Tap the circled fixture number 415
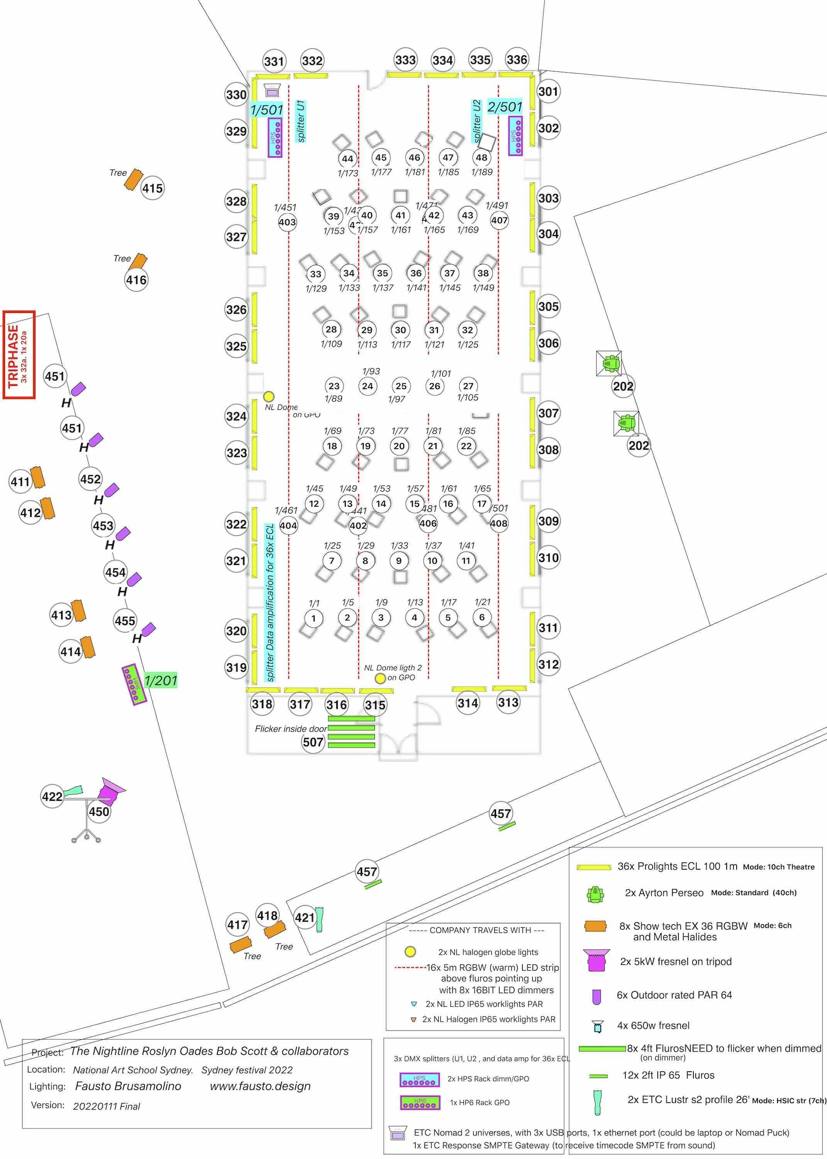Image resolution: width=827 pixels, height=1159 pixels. pos(152,189)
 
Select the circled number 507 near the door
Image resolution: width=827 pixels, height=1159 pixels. pos(313,742)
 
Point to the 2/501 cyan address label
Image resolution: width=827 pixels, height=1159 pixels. pos(504,107)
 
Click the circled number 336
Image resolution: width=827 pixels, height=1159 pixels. pos(516,59)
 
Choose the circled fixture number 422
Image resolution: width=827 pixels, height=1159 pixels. pos(52,796)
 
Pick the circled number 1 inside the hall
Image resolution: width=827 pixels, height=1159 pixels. pos(313,618)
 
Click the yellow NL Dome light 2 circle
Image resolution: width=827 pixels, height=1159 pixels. pos(380,678)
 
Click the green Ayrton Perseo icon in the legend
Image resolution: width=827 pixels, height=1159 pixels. pos(595,894)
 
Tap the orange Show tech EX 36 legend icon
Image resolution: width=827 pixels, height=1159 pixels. pos(595,926)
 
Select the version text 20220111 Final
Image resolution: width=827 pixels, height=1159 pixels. pos(107,1106)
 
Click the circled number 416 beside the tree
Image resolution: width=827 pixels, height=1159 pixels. pos(136,280)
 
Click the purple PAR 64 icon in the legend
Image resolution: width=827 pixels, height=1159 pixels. pos(597,996)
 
